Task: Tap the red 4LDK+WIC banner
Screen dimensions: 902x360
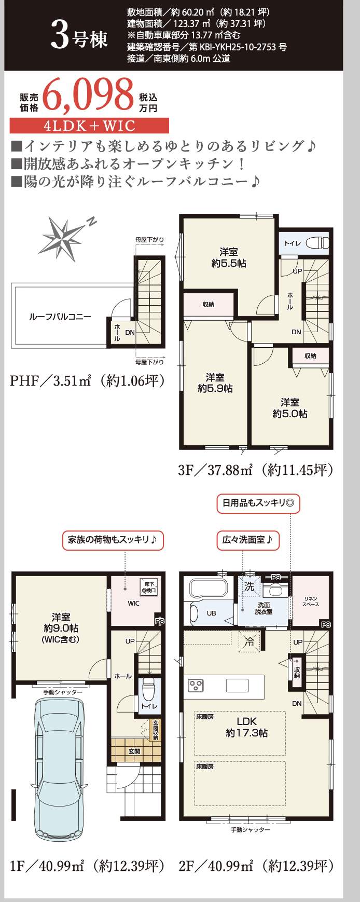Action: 89,126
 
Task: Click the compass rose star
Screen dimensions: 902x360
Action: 64,237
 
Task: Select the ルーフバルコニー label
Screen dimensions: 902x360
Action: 60,317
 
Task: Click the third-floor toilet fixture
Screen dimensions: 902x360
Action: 315,242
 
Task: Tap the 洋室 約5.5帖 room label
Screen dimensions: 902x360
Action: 228,257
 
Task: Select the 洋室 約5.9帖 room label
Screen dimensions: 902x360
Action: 215,382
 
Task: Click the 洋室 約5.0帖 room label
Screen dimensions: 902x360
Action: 290,408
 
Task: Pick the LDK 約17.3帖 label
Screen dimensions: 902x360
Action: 247,727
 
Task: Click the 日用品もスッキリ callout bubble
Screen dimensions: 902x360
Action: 258,502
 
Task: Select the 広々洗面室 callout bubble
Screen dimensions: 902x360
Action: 247,540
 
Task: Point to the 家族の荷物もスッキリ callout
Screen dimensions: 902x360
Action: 113,540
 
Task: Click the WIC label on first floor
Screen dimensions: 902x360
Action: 133,603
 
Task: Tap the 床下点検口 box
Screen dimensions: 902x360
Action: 149,587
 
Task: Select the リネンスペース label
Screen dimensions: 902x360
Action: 311,602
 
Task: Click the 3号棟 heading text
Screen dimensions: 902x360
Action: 79,38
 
